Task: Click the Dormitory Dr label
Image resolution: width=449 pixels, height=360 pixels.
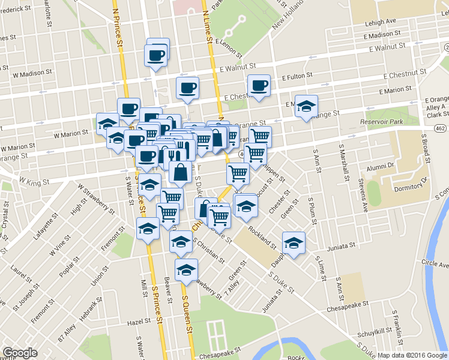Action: coord(412,184)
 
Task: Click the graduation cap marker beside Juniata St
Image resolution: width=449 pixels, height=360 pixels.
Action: coord(293,242)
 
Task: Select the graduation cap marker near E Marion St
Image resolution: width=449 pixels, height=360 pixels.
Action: coord(306,106)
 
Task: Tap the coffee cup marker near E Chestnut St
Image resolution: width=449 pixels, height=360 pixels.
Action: coord(259,85)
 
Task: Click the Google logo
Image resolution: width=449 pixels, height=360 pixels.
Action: coord(20,353)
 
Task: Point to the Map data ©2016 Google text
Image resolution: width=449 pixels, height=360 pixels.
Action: coord(412,355)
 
